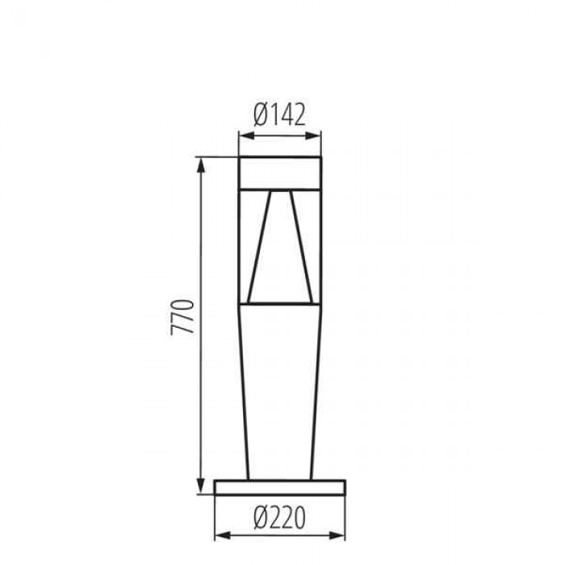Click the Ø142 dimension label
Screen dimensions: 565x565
coord(279,115)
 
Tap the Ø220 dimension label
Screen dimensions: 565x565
coord(279,518)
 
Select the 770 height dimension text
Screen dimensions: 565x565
coord(182,317)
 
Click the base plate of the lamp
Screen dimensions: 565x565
coord(280,488)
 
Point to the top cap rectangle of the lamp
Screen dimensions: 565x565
coord(280,173)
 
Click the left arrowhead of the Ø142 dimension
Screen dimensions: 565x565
coord(247,136)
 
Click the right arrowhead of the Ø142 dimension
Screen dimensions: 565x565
coord(313,136)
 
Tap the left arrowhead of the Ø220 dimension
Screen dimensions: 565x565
coord(223,535)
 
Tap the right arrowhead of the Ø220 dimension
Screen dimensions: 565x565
coord(337,535)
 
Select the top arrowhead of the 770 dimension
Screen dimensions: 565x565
coord(201,165)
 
